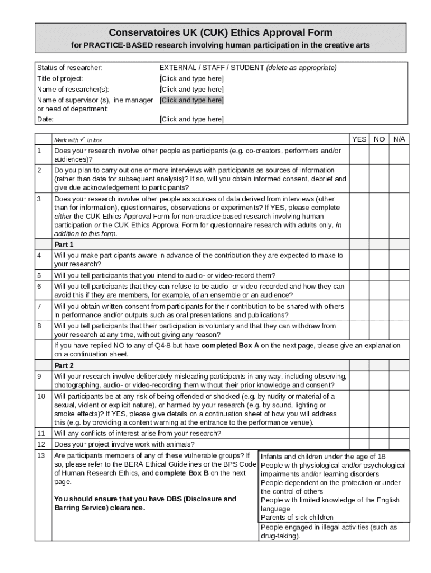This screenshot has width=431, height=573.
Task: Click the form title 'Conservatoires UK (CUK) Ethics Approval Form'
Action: pyautogui.click(x=221, y=32)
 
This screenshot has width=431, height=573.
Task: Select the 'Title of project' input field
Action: pyautogui.click(x=192, y=78)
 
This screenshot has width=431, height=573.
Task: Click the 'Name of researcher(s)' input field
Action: pyautogui.click(x=192, y=90)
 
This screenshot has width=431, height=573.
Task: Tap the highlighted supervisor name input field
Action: pyautogui.click(x=192, y=100)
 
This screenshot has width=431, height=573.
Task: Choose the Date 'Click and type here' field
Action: pyautogui.click(x=192, y=119)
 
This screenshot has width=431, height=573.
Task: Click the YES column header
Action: pyautogui.click(x=359, y=139)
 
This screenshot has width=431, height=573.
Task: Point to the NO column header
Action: pyautogui.click(x=379, y=139)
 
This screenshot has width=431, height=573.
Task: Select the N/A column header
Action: pyautogui.click(x=399, y=139)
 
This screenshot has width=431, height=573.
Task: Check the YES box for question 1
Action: pyautogui.click(x=359, y=155)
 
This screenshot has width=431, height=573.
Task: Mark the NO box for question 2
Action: pyautogui.click(x=379, y=179)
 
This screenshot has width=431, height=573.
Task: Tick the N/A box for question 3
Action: pyautogui.click(x=399, y=216)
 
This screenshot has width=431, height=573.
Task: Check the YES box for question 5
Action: pyautogui.click(x=359, y=275)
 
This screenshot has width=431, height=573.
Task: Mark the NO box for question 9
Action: pyautogui.click(x=379, y=381)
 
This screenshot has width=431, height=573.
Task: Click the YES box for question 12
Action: pyautogui.click(x=359, y=444)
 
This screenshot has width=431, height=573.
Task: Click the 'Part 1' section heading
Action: pyautogui.click(x=64, y=245)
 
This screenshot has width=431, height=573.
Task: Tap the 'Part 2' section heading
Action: pyautogui.click(x=64, y=365)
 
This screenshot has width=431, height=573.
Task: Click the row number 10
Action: pyautogui.click(x=41, y=397)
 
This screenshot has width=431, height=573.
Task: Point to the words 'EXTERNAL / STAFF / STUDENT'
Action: pyautogui.click(x=212, y=68)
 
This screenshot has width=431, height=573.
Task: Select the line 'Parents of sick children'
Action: pyautogui.click(x=297, y=518)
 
